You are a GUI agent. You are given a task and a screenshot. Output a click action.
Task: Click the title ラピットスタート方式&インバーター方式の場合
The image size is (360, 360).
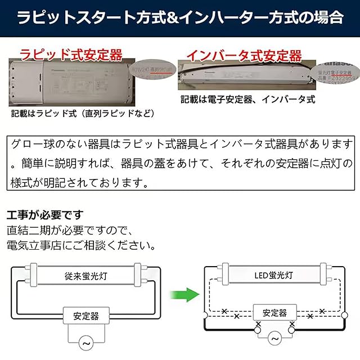(180, 17)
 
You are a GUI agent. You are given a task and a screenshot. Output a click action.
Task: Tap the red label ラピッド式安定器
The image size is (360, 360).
(71, 55)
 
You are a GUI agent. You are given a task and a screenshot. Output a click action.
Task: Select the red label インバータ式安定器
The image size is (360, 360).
(244, 55)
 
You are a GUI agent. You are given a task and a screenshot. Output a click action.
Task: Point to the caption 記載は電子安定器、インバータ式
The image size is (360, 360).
(247, 100)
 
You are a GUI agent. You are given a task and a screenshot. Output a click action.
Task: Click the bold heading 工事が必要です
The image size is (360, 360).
(45, 215)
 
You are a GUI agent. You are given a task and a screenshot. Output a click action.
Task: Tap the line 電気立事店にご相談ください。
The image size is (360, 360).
(81, 246)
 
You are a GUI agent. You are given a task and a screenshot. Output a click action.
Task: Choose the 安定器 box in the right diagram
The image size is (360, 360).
(274, 313)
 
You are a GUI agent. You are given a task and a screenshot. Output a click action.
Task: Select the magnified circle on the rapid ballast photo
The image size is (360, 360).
(156, 68)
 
